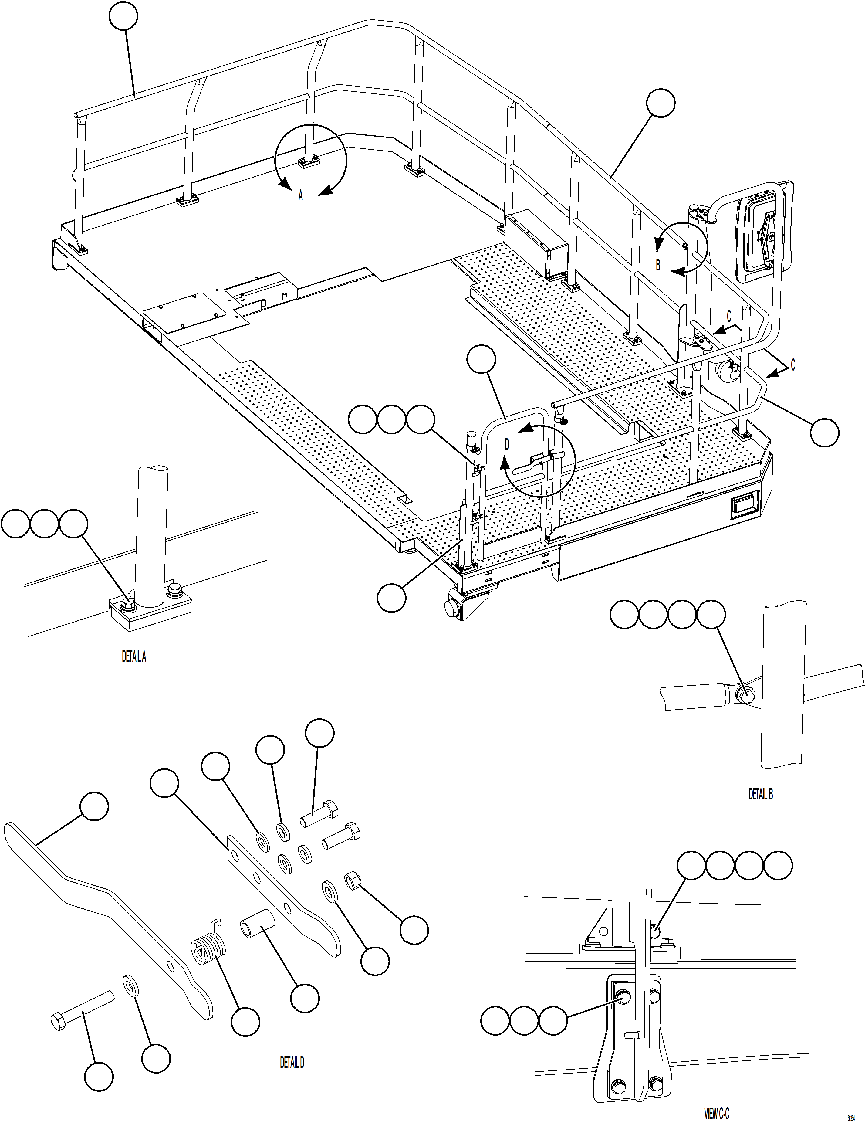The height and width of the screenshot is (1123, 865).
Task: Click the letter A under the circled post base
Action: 301,195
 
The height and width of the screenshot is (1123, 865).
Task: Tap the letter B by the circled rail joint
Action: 658,265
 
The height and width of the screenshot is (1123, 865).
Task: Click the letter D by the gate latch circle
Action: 506,445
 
